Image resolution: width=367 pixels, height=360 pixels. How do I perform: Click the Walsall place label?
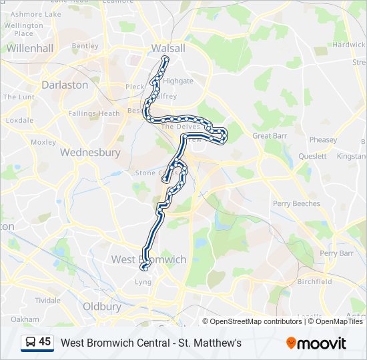pyautogui.click(x=168, y=48)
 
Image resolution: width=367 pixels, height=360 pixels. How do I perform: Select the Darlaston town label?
pyautogui.click(x=65, y=85)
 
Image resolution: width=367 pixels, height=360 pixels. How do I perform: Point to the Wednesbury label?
pyautogui.click(x=90, y=152)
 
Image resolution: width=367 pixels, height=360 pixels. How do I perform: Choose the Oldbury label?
pyautogui.click(x=102, y=307)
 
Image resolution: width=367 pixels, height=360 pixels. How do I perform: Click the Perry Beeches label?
pyautogui.click(x=296, y=203)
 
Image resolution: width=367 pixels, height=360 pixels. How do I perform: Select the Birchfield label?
pyautogui.click(x=315, y=281)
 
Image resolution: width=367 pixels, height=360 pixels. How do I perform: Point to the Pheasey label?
pyautogui.click(x=323, y=140)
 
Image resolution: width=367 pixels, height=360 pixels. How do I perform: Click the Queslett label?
pyautogui.click(x=312, y=156)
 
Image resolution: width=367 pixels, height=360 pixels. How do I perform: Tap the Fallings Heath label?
pyautogui.click(x=94, y=113)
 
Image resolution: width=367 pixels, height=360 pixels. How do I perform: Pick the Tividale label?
pyautogui.click(x=48, y=301)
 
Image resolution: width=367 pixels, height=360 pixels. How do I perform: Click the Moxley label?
pyautogui.click(x=43, y=142)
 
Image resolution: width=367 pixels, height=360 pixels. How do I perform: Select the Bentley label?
pyautogui.click(x=85, y=46)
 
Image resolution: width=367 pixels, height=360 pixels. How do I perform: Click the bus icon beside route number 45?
pyautogui.click(x=29, y=343)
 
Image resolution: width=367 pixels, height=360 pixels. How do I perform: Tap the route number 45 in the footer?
pyautogui.click(x=45, y=342)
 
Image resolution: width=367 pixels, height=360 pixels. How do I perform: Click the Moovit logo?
pyautogui.click(x=316, y=343)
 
